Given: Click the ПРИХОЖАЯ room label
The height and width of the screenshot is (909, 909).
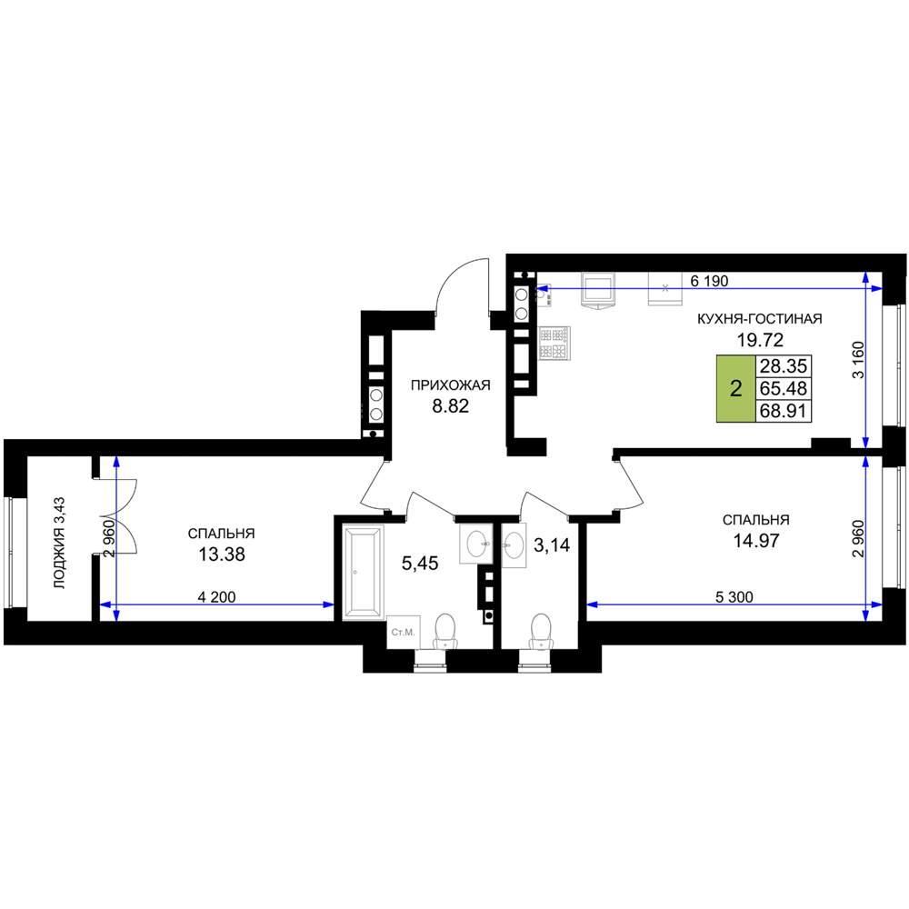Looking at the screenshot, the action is pyautogui.click(x=451, y=385).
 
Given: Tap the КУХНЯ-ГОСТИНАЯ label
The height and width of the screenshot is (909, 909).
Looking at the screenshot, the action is pyautogui.click(x=759, y=319).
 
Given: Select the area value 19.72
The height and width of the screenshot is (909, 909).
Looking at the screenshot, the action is pyautogui.click(x=760, y=340).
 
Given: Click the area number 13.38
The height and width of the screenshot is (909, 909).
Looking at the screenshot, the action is pyautogui.click(x=222, y=554).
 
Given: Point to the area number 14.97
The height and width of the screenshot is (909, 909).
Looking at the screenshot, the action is pyautogui.click(x=756, y=541).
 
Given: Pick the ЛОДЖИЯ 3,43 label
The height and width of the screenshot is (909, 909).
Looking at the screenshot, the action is pyautogui.click(x=60, y=544).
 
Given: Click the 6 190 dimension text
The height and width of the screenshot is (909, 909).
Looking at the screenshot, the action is pyautogui.click(x=709, y=281).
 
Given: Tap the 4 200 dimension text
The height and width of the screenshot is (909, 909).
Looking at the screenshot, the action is pyautogui.click(x=217, y=596).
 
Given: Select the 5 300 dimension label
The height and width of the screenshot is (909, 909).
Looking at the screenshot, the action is pyautogui.click(x=734, y=596).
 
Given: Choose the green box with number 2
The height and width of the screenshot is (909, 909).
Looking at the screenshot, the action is pyautogui.click(x=736, y=388).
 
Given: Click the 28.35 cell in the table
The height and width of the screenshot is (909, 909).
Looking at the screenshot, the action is pyautogui.click(x=784, y=366).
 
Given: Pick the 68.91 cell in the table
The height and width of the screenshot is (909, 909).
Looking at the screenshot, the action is pyautogui.click(x=784, y=411).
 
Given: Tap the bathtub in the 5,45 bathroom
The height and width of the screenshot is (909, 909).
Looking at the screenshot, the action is pyautogui.click(x=364, y=572).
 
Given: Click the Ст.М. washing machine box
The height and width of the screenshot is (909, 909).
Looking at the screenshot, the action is pyautogui.click(x=404, y=632).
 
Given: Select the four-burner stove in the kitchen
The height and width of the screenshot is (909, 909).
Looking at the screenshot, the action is pyautogui.click(x=554, y=343).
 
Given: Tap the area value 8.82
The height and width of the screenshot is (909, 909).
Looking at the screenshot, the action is pyautogui.click(x=451, y=405).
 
